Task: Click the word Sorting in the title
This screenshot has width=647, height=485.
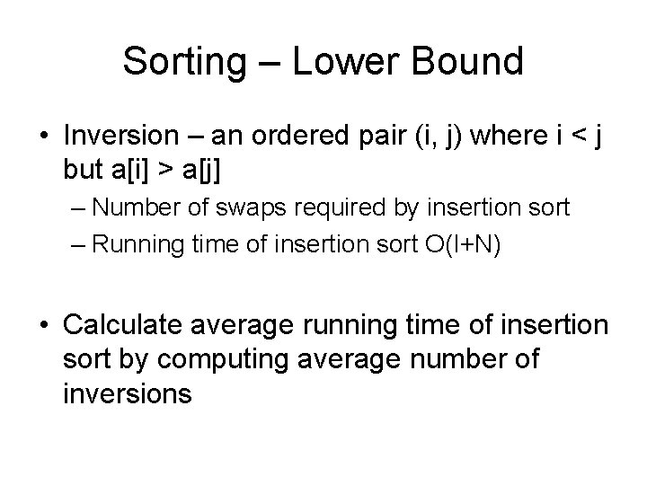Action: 184,61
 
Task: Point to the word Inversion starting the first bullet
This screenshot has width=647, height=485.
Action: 126,137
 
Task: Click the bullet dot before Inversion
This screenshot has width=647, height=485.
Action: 44,137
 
